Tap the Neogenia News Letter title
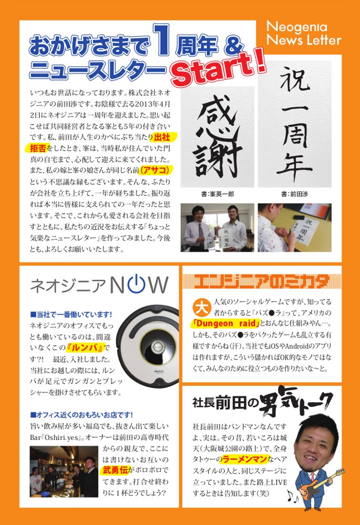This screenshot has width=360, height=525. (304, 34)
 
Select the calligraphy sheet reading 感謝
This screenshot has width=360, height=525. (217, 136)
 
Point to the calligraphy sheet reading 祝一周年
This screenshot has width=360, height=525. (294, 124)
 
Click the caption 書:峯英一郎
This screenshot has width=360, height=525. (217, 194)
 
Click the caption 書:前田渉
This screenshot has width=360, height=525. (294, 194)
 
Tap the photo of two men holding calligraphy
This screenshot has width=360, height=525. (217, 228)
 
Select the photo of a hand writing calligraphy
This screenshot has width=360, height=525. (294, 228)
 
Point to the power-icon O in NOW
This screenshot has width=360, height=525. (136, 284)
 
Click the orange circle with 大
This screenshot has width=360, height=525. (202, 307)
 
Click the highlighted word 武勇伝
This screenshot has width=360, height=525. (115, 470)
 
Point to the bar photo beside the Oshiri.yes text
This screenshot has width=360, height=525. (64, 471)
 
